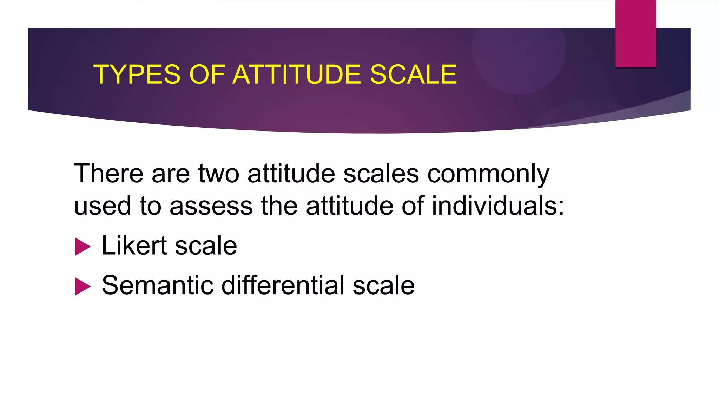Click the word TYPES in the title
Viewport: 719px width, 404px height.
click(x=137, y=75)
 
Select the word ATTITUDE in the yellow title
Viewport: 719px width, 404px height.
click(x=297, y=75)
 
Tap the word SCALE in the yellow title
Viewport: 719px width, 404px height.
click(x=413, y=75)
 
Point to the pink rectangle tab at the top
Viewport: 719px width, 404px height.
click(x=635, y=34)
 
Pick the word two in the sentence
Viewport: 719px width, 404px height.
click(x=219, y=173)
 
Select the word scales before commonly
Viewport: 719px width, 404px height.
click(x=381, y=173)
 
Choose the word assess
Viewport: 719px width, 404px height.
click(x=211, y=206)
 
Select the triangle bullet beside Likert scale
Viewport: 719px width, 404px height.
click(x=83, y=247)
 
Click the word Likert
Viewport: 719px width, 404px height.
click(x=134, y=245)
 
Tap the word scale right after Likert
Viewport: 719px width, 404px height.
click(x=206, y=246)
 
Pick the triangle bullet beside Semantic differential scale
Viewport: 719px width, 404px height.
click(x=83, y=287)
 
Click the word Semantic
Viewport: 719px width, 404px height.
click(x=158, y=285)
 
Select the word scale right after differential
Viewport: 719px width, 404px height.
click(x=383, y=285)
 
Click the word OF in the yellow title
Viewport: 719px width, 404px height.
click(x=207, y=75)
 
